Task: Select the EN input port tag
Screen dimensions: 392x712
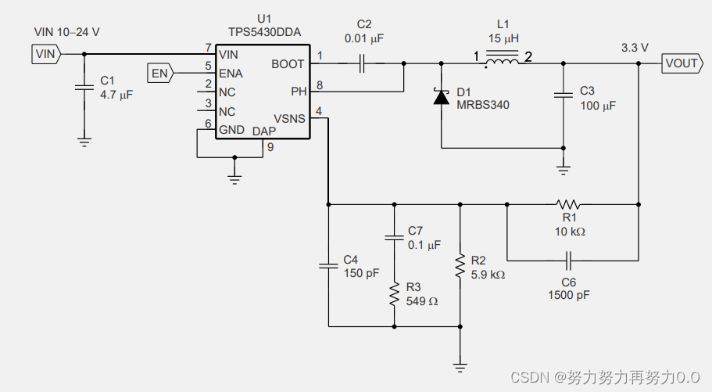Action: click(160, 74)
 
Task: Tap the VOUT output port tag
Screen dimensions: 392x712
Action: click(680, 63)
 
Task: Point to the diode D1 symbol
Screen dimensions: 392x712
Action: click(442, 97)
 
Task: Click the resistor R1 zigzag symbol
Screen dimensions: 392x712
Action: click(568, 205)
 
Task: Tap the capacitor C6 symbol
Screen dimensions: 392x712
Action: click(569, 259)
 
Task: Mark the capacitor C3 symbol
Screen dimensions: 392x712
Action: click(564, 95)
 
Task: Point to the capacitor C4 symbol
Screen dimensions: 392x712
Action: click(329, 266)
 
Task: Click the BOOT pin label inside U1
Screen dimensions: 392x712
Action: click(288, 64)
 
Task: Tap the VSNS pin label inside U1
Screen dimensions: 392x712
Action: click(289, 117)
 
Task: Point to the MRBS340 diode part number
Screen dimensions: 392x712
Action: click(483, 105)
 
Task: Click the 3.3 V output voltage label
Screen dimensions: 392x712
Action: click(635, 48)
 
